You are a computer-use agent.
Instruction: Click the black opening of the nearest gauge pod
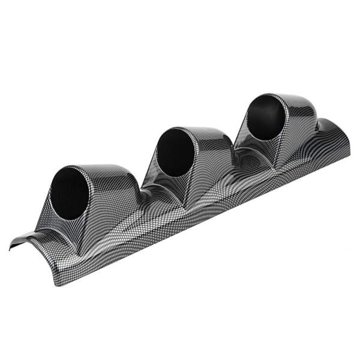point(70,193)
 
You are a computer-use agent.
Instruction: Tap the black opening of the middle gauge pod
point(175,152)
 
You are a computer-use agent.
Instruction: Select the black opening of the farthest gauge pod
point(266,118)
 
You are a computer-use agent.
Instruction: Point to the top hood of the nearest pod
point(108,174)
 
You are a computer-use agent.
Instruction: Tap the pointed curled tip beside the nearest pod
point(13,247)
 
